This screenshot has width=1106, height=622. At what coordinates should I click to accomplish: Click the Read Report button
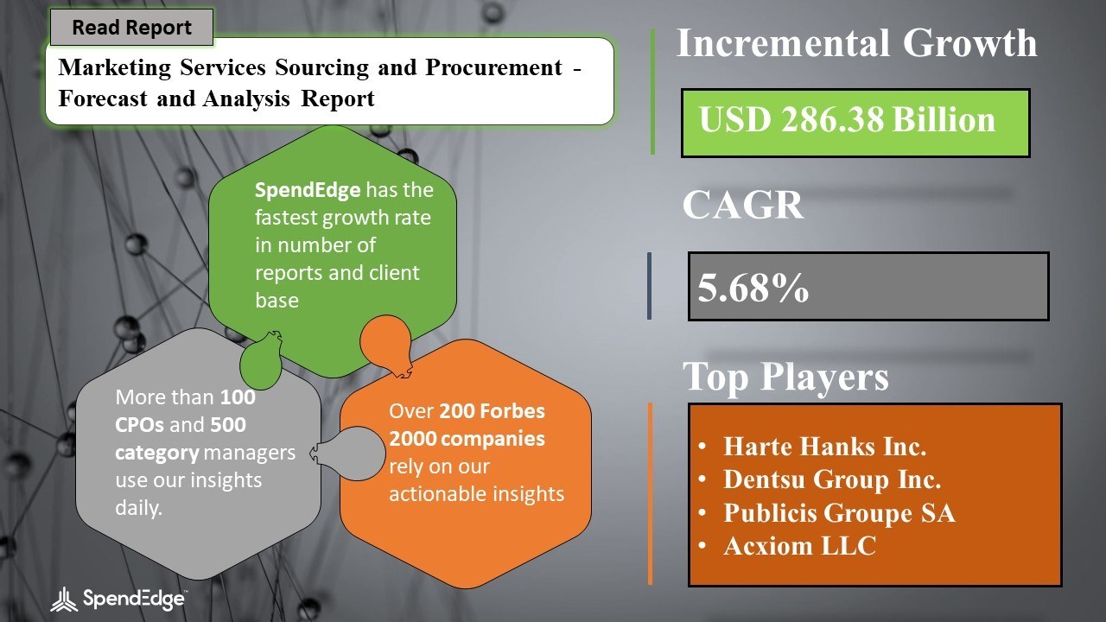(132, 27)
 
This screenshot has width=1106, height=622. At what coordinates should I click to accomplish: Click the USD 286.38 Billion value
(848, 120)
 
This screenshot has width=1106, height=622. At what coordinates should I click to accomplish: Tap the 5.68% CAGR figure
(753, 288)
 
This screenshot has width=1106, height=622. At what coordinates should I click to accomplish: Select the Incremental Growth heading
(856, 43)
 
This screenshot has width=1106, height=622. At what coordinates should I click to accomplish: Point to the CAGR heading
(743, 205)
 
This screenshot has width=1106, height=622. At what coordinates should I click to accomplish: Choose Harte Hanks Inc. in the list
(824, 447)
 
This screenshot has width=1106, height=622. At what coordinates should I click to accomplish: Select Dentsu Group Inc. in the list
(832, 479)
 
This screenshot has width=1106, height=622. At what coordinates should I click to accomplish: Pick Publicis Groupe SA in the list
(839, 512)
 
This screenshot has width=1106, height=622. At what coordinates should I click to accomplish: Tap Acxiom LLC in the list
(800, 545)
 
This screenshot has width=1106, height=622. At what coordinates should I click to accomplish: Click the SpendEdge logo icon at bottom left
(64, 600)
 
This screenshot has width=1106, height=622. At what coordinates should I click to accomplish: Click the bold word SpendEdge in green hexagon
(308, 190)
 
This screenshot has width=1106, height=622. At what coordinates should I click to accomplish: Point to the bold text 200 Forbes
(492, 410)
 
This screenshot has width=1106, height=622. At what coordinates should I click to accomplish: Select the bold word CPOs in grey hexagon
(139, 425)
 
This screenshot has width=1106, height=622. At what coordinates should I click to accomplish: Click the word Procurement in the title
(493, 67)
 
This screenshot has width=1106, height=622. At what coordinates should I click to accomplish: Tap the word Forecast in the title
(103, 98)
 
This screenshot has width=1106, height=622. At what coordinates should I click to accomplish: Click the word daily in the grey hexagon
(137, 508)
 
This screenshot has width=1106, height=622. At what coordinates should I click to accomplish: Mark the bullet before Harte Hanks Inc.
(702, 447)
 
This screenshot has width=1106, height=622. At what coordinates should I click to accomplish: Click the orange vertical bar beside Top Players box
(650, 494)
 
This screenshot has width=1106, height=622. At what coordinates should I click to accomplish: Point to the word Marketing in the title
(115, 67)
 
